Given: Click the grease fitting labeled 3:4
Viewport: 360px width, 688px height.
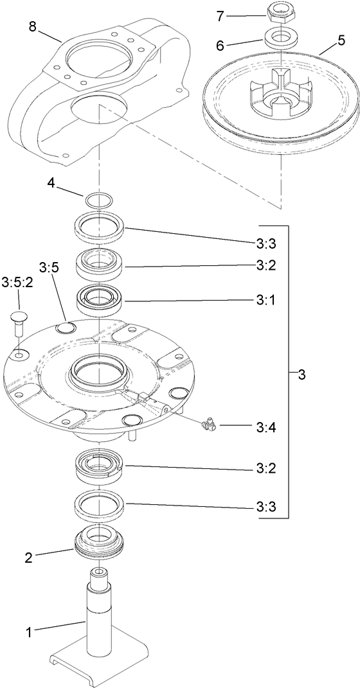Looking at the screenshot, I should coord(210,423).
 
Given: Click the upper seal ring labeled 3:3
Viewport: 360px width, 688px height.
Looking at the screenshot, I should coord(99,227).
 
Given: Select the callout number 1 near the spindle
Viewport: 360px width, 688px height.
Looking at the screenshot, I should coord(28,632).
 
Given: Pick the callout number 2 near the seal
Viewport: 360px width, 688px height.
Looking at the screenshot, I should coord(28,558).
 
